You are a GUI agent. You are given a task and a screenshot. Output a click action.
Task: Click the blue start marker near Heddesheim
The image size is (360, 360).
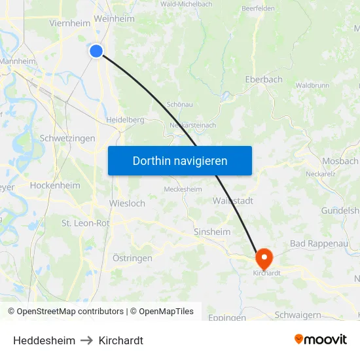click(x=96, y=50)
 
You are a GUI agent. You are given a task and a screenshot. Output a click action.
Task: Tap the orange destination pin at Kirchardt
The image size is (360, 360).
click(x=264, y=257)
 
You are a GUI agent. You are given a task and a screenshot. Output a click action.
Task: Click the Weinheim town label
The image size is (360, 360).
click(x=114, y=19)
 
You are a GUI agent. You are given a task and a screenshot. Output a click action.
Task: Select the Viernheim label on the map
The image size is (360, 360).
click(x=69, y=23)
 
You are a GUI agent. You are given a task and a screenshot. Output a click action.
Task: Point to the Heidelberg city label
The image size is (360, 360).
click(x=125, y=120)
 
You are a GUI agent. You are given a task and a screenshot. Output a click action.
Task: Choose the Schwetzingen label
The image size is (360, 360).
click(x=67, y=139)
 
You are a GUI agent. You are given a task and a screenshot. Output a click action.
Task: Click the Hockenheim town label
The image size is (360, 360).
click(x=55, y=185)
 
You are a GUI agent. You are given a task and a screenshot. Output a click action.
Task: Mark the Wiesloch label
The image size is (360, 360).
click(x=127, y=204)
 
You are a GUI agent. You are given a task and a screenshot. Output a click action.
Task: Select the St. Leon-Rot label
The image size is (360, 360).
click(x=86, y=223)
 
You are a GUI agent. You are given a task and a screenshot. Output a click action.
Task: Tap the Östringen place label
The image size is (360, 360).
click(x=132, y=258)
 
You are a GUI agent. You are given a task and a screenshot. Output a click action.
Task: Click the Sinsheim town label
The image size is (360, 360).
click(x=211, y=232)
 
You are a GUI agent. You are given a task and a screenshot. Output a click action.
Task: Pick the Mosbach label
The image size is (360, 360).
click(x=340, y=161)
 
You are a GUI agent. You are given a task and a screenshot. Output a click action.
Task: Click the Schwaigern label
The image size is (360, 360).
click(x=298, y=315)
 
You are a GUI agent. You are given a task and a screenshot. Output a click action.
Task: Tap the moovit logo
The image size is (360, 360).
click(x=320, y=340)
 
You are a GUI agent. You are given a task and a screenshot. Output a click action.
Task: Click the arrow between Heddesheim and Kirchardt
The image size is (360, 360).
click(x=87, y=340)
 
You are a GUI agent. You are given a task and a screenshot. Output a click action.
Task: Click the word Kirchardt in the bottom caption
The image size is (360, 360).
click(x=121, y=340)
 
